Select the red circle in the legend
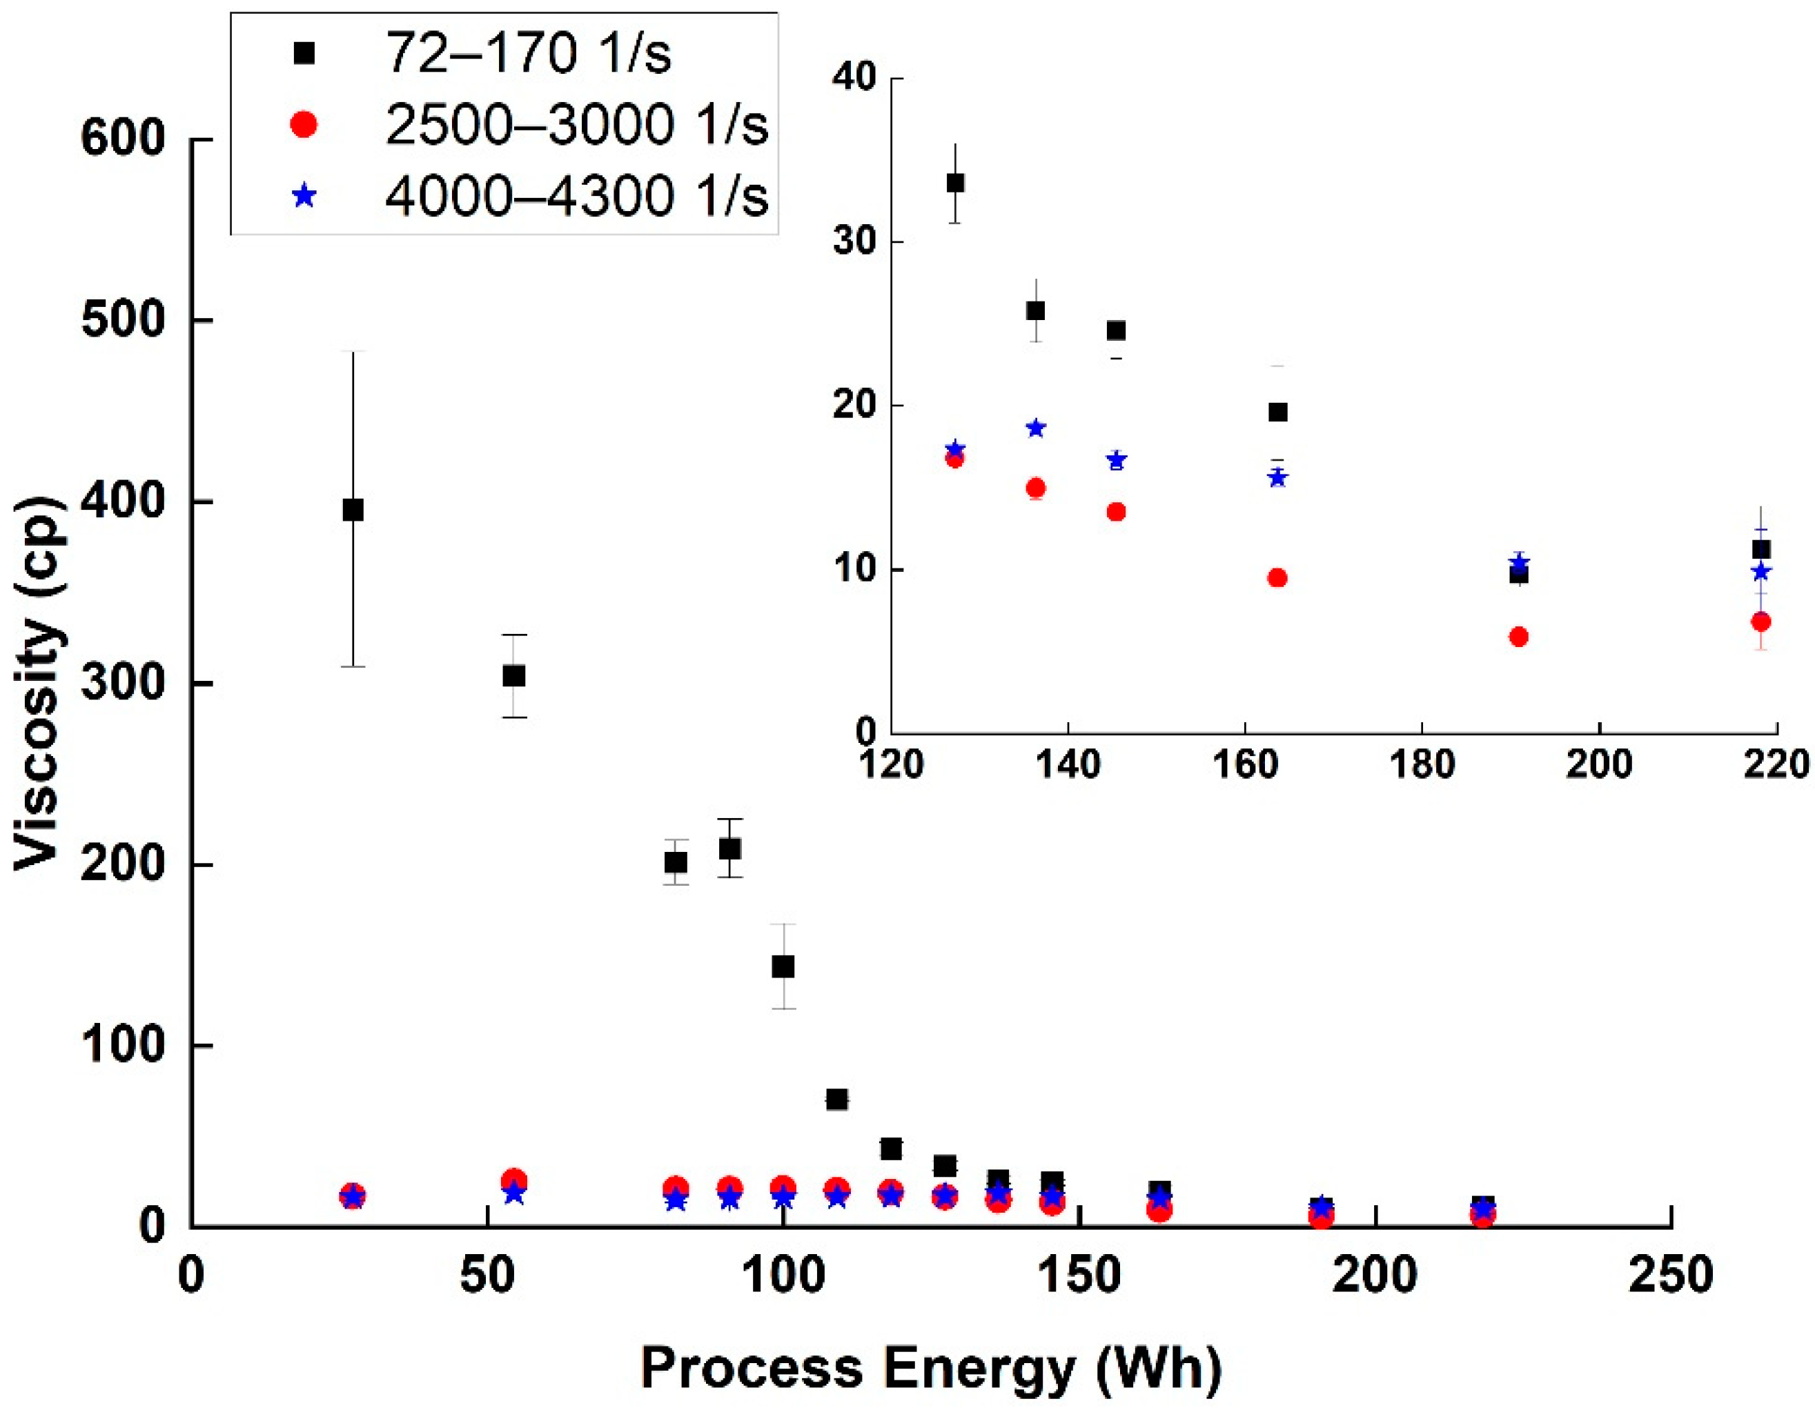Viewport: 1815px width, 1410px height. click(x=305, y=126)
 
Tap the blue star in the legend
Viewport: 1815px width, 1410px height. click(x=305, y=197)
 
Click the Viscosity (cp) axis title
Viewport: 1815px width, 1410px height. click(x=39, y=683)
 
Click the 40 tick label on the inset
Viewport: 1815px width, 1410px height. click(x=854, y=79)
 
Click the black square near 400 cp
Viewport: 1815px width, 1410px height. click(x=353, y=510)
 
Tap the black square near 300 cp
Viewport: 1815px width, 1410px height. click(x=514, y=676)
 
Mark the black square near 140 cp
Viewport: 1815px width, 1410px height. click(x=783, y=966)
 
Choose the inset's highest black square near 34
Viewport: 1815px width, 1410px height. click(x=956, y=183)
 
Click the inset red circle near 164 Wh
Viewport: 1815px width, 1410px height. click(x=1278, y=578)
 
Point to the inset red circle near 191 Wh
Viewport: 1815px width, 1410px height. click(x=1518, y=637)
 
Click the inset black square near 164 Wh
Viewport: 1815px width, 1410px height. click(x=1278, y=412)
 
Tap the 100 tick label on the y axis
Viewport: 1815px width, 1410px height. click(x=123, y=1045)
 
